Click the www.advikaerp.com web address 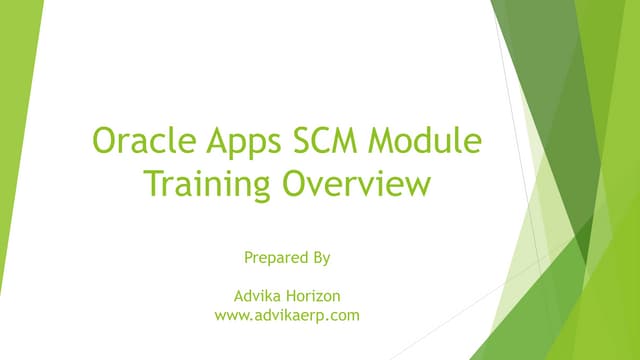point(287,316)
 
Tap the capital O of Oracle point(105,143)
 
